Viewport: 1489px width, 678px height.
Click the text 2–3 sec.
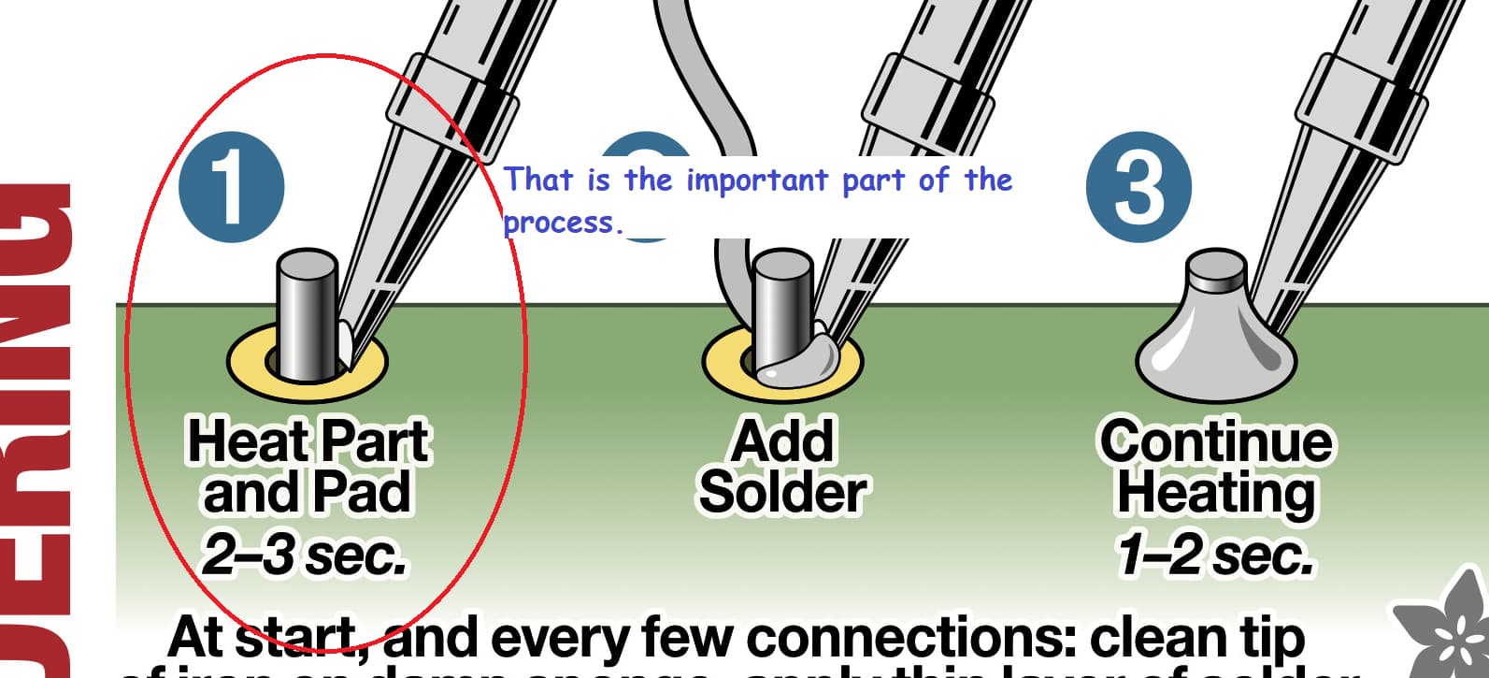305,555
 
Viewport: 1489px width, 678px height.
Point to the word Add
782,440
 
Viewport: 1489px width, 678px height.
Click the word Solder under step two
782,493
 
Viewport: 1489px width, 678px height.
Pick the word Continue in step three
1215,440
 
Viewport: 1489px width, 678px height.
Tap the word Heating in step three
1215,493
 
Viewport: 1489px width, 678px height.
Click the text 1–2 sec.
1215,555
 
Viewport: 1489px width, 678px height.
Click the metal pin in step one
306,313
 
